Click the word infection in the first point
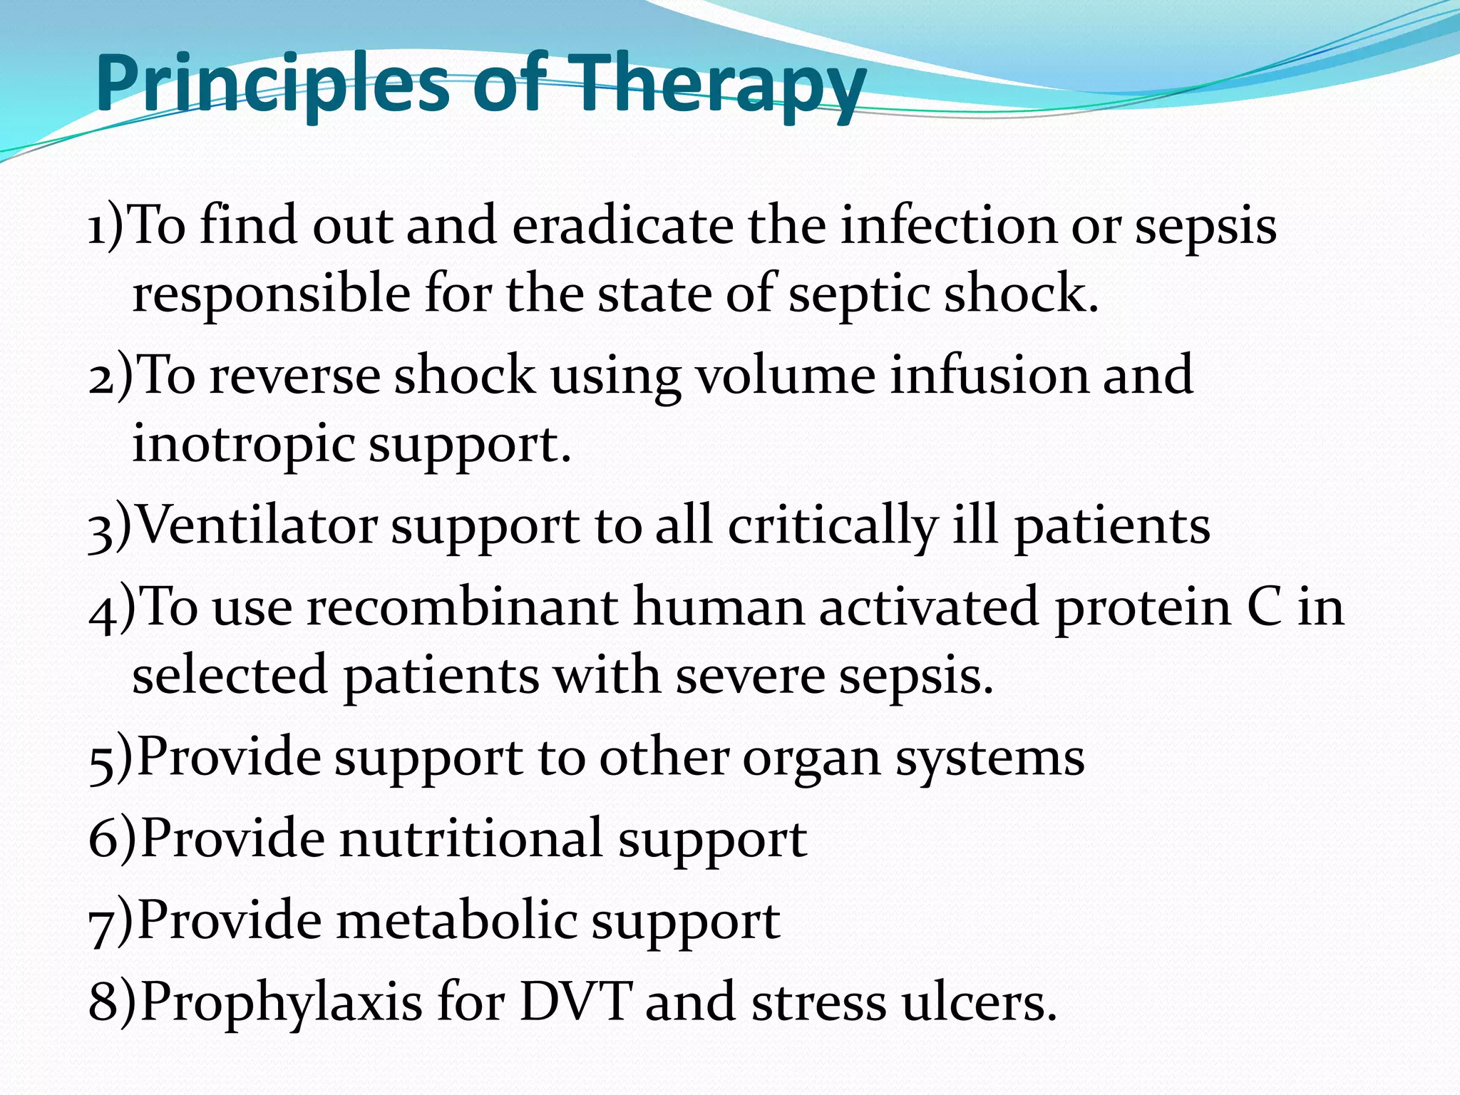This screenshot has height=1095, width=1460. (x=948, y=226)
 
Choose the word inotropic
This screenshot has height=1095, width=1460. (x=243, y=444)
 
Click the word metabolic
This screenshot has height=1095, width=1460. (x=456, y=920)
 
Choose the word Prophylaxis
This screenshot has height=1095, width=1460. (x=282, y=1002)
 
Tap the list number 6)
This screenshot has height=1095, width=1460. (x=112, y=840)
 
